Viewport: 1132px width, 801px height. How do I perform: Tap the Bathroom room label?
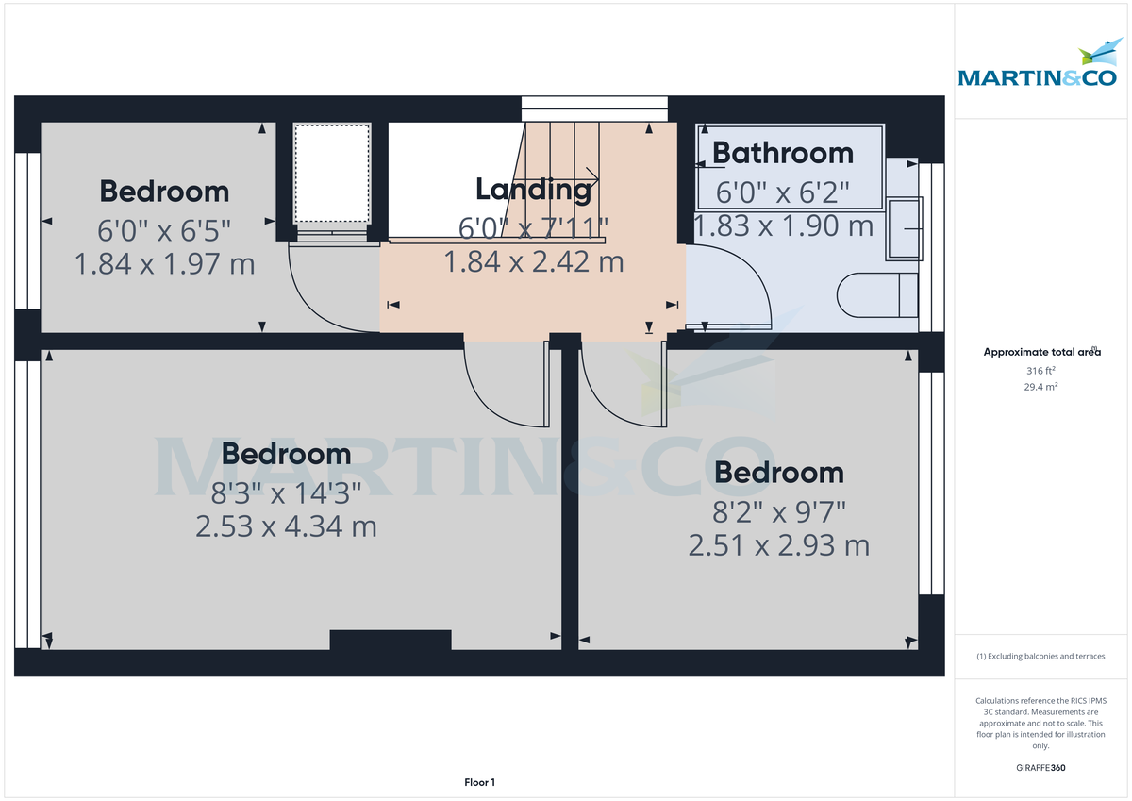coord(782,153)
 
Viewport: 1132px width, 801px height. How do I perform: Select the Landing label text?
coord(533,190)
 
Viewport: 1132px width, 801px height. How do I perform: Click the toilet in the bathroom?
coord(878,294)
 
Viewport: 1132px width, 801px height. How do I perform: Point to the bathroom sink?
coord(904,228)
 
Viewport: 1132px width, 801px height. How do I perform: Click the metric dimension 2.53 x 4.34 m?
coord(286,526)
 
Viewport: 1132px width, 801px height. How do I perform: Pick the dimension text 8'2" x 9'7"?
coord(779,511)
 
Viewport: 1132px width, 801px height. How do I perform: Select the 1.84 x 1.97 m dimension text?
coord(164,263)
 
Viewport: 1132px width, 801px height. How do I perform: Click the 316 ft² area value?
coord(1042,371)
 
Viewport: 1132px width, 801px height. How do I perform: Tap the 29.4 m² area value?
coord(1041,386)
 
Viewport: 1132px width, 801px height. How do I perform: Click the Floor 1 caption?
coord(479,782)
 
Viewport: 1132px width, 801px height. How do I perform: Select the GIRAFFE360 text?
coord(1042,768)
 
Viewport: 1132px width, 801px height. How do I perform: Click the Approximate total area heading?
coord(1041,352)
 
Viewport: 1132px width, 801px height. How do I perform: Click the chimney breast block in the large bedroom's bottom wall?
coord(390,641)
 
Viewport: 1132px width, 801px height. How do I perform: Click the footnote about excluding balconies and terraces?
coord(1041,656)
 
